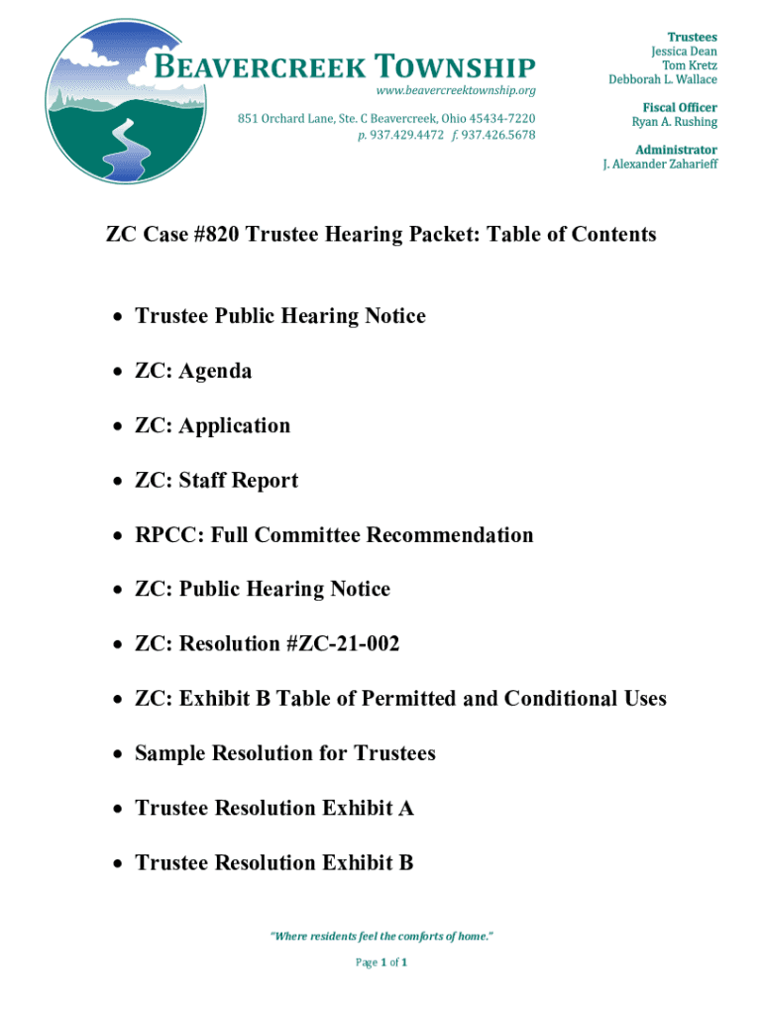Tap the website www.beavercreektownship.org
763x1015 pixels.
(457, 90)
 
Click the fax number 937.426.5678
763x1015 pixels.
(499, 134)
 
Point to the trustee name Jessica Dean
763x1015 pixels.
(684, 51)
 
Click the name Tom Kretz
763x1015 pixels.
(690, 65)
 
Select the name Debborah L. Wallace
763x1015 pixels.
(663, 79)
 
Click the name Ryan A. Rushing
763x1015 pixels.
(674, 122)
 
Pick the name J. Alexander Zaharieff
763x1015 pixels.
(660, 164)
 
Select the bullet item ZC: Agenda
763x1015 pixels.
(193, 371)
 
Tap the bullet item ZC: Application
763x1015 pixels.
(213, 425)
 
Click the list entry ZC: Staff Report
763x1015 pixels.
(216, 481)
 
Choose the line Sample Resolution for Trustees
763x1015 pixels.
(285, 753)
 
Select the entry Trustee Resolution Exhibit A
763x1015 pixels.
(274, 808)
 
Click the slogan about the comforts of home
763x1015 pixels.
(381, 936)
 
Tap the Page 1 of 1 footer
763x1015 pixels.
(381, 962)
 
